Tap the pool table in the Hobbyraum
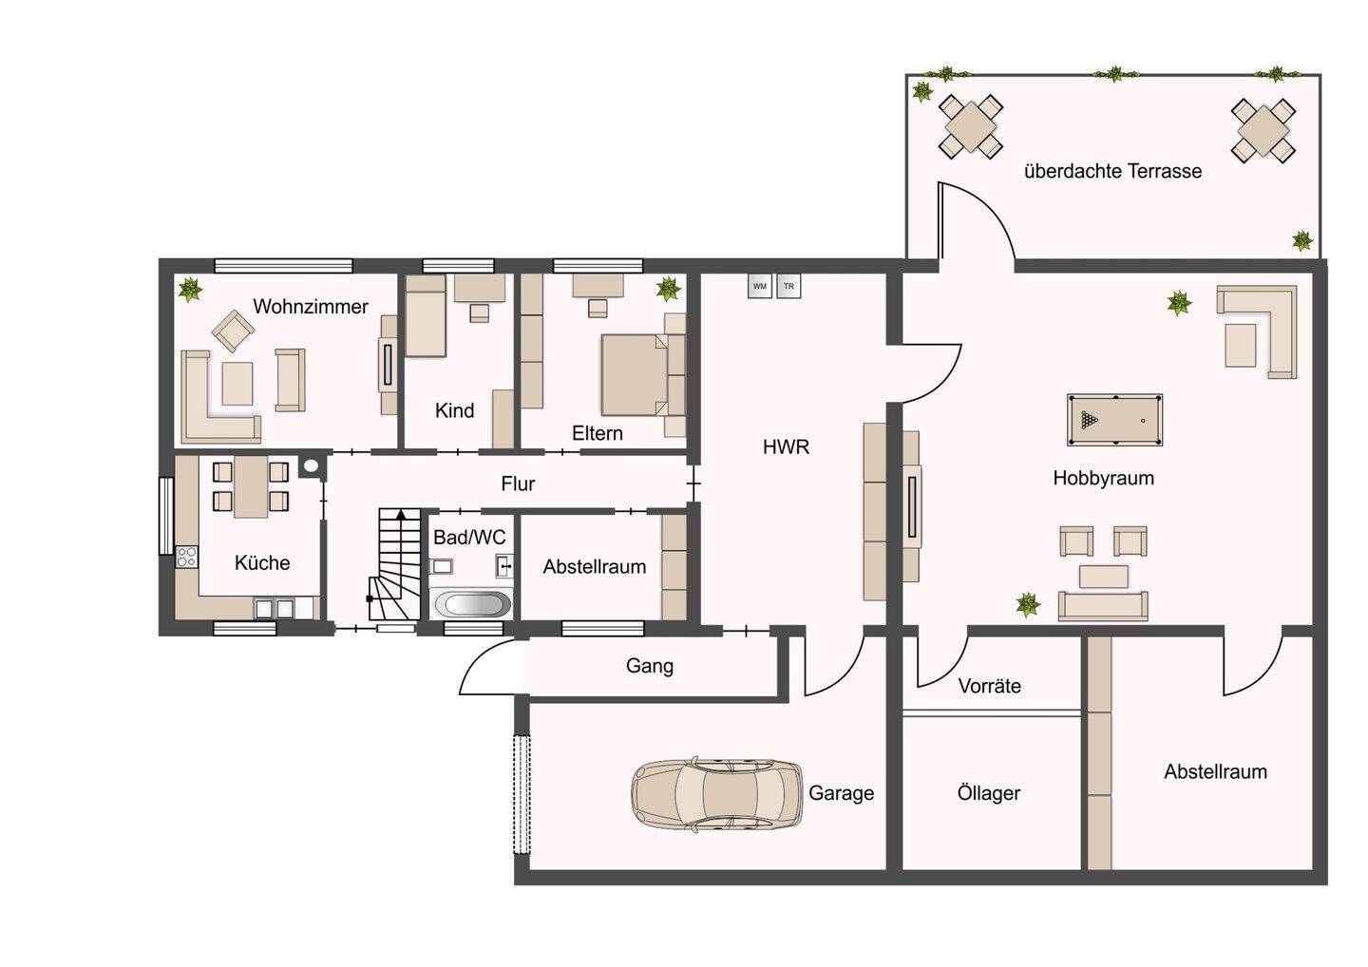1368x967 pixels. click(1114, 420)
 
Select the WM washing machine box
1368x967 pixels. click(760, 286)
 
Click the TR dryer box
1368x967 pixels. click(788, 286)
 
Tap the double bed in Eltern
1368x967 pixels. click(636, 375)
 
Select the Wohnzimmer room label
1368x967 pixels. click(311, 307)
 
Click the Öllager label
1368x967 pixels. click(989, 793)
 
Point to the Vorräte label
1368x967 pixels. click(989, 686)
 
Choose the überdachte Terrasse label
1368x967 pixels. click(1112, 171)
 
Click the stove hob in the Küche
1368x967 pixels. click(186, 557)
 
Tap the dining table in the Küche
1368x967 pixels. click(251, 487)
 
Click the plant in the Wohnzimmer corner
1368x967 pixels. click(191, 289)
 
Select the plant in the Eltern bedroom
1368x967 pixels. click(668, 289)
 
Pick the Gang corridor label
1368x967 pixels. click(649, 666)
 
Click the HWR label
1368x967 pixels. click(786, 447)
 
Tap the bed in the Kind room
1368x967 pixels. click(426, 315)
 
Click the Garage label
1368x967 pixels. click(841, 793)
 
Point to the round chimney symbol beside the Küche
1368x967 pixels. click(312, 465)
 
